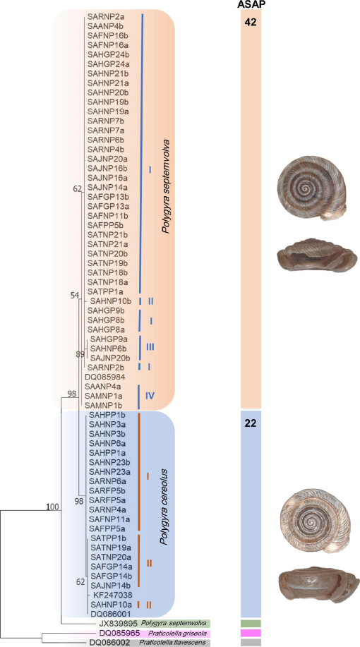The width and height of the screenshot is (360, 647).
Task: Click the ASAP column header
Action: [251, 4]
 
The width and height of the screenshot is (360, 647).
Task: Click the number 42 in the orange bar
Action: [250, 23]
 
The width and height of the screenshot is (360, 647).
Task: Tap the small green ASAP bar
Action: [251, 623]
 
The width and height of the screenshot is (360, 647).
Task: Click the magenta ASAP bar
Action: [251, 633]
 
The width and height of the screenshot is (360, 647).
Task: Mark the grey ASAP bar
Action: [251, 643]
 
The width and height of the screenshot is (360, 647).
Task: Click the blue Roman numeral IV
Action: [150, 396]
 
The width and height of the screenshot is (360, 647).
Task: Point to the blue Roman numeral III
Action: [150, 347]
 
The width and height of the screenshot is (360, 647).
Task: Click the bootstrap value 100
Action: [52, 507]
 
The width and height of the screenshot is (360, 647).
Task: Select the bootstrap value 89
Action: [80, 354]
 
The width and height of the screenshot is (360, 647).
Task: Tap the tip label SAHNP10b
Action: [111, 301]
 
